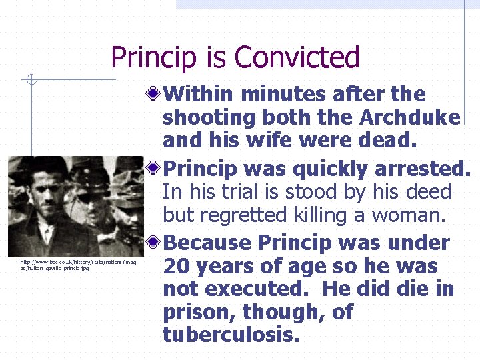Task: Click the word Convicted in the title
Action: click(297, 57)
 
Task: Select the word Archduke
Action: click(409, 117)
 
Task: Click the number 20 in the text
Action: click(176, 267)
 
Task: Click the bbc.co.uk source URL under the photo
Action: click(77, 265)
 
